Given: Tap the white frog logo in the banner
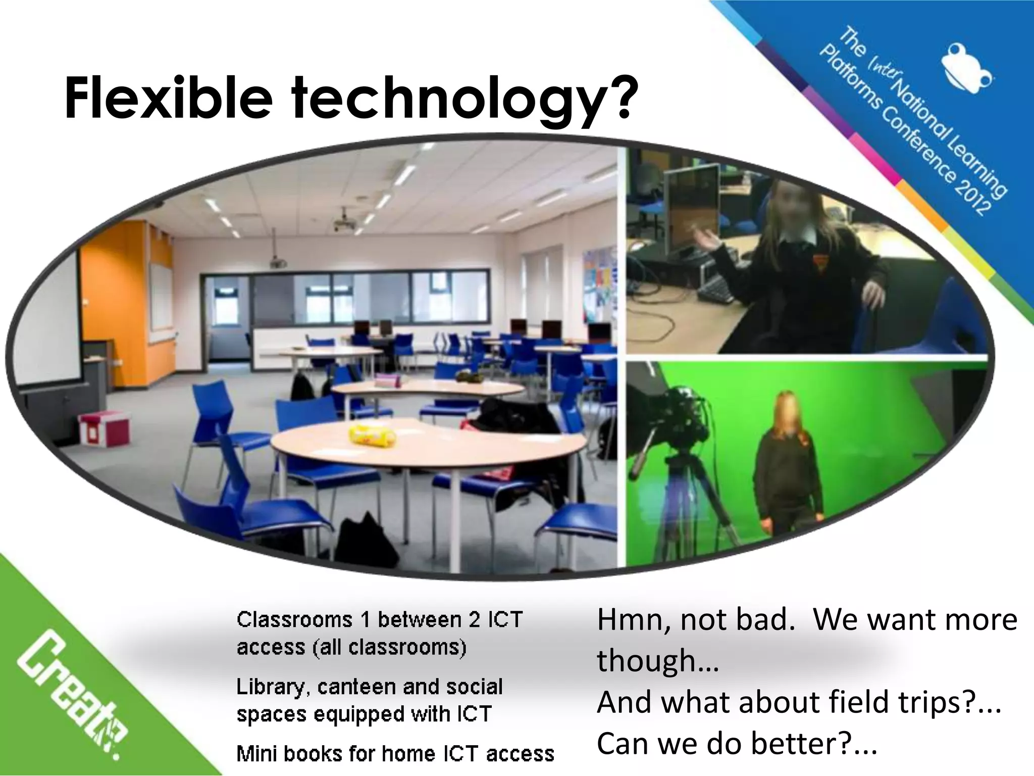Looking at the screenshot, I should pyautogui.click(x=966, y=69).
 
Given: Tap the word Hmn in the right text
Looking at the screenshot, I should pyautogui.click(x=633, y=620).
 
